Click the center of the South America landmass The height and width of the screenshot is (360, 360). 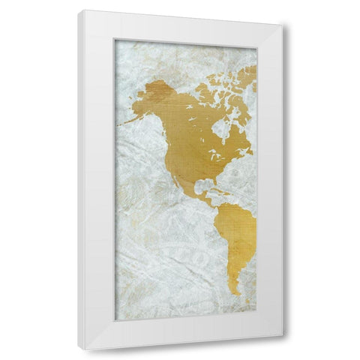click(x=238, y=232)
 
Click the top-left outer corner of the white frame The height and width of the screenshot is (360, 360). click(x=78, y=10)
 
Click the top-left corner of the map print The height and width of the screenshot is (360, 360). click(x=115, y=40)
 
